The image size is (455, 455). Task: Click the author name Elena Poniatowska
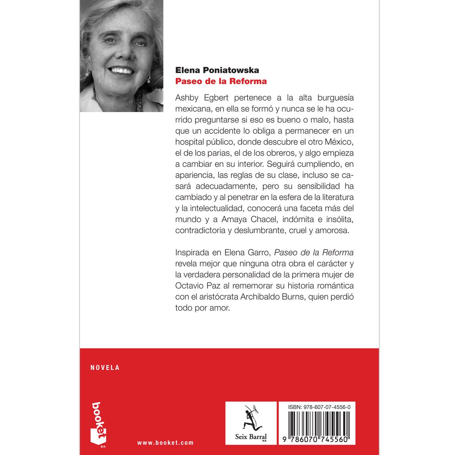tap(217, 70)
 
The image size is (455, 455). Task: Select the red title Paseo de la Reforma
tap(221, 81)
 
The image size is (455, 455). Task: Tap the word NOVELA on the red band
tap(105, 367)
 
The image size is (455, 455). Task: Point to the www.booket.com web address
tap(165, 442)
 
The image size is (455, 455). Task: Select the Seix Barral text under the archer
tap(251, 436)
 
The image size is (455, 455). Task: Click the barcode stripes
tap(317, 422)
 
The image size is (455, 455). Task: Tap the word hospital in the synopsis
tap(191, 142)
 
